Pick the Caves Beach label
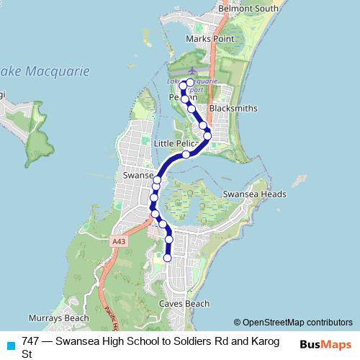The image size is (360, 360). pyautogui.click(x=184, y=304)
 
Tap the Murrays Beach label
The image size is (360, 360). pyautogui.click(x=59, y=318)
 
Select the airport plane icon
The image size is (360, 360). pyautogui.click(x=191, y=71)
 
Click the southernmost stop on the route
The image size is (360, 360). pyautogui.click(x=168, y=258)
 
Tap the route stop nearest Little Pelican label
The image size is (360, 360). pyautogui.click(x=186, y=154)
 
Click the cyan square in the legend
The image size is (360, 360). pyautogui.click(x=9, y=343)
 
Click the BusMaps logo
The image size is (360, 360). pyautogui.click(x=325, y=344)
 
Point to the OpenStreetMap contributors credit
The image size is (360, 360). pyautogui.click(x=293, y=323)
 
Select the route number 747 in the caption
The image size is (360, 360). pyautogui.click(x=31, y=341)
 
